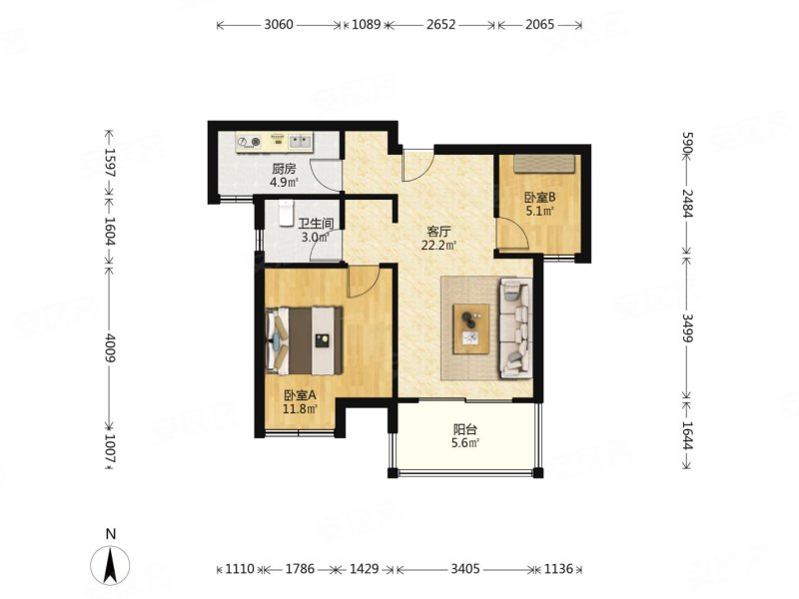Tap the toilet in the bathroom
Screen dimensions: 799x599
(x=287, y=213)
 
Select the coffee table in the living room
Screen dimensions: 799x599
(x=471, y=328)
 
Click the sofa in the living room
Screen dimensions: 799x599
(x=515, y=328)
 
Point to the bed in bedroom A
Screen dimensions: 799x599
(x=304, y=340)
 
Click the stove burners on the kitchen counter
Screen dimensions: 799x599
(x=249, y=141)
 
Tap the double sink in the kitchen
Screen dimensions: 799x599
(x=300, y=141)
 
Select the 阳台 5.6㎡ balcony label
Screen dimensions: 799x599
(x=465, y=436)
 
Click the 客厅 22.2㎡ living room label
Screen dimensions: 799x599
(x=438, y=239)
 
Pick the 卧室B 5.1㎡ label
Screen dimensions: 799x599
(x=539, y=204)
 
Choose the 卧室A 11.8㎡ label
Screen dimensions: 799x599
(x=301, y=401)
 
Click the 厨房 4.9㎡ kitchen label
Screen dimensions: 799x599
(x=284, y=176)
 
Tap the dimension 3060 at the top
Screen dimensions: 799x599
(x=279, y=24)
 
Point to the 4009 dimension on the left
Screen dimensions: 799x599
(x=110, y=347)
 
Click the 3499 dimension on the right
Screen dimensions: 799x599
(x=688, y=328)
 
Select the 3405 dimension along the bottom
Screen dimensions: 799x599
(x=465, y=568)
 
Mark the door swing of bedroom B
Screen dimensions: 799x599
(x=511, y=234)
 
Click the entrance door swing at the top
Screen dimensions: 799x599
(x=417, y=165)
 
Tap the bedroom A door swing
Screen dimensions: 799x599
(x=364, y=282)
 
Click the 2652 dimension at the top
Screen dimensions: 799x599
(x=440, y=24)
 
